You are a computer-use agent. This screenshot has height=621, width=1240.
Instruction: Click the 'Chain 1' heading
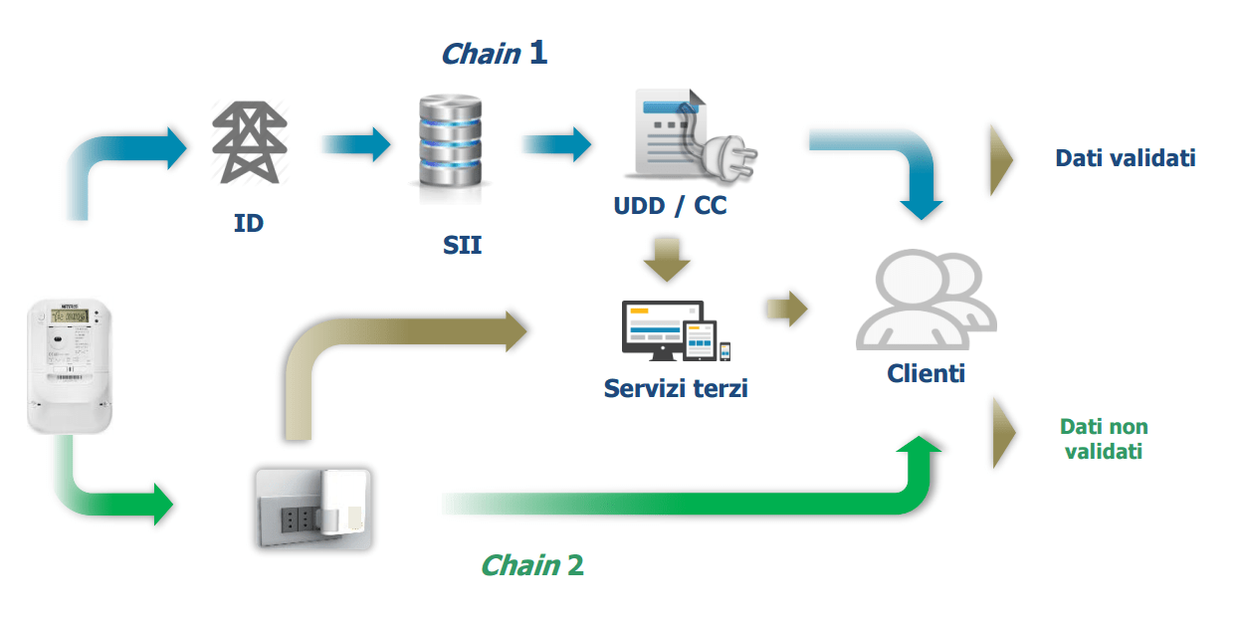pyautogui.click(x=494, y=53)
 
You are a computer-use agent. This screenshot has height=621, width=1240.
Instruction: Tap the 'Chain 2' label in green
pyautogui.click(x=531, y=565)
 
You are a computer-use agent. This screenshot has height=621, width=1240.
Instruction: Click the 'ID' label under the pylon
pyautogui.click(x=249, y=223)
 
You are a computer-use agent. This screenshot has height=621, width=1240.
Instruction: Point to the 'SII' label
pyautogui.click(x=462, y=245)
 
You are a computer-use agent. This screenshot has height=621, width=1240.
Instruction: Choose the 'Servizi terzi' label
pyautogui.click(x=676, y=387)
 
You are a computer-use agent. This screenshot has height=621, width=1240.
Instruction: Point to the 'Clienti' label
pyautogui.click(x=927, y=374)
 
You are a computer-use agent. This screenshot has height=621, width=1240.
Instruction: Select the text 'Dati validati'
pyautogui.click(x=1126, y=157)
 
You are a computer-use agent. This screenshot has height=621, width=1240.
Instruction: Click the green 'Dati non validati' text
pyautogui.click(x=1104, y=439)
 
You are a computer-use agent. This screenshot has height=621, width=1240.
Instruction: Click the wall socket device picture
pyautogui.click(x=312, y=508)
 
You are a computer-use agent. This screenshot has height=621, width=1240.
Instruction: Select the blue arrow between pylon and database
pyautogui.click(x=356, y=143)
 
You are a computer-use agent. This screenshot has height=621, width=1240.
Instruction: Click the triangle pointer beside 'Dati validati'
pyautogui.click(x=1001, y=158)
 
